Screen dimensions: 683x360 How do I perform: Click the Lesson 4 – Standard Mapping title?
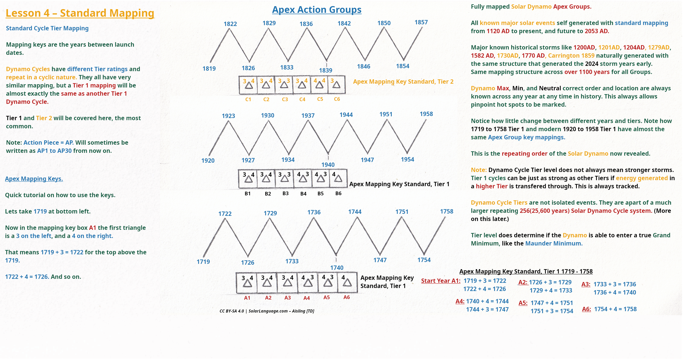point(80,13)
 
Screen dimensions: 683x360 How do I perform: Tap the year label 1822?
point(230,24)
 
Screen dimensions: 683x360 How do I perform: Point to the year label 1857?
point(421,22)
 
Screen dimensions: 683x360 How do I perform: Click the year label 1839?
point(326,70)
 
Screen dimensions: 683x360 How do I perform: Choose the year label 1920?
point(208,160)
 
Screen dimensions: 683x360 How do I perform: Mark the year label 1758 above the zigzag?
point(447,211)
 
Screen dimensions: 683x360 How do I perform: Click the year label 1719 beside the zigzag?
point(203,262)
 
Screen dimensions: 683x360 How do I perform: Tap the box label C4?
point(302,99)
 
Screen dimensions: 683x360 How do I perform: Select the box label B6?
point(338,193)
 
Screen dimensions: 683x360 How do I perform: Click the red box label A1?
point(247,298)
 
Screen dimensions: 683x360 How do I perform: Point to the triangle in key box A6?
point(347,283)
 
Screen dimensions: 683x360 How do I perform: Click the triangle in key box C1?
point(249,85)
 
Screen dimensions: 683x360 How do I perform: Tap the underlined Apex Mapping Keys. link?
point(34,179)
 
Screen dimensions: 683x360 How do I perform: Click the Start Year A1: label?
point(441,281)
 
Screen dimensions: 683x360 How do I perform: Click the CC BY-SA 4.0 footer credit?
point(267,311)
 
